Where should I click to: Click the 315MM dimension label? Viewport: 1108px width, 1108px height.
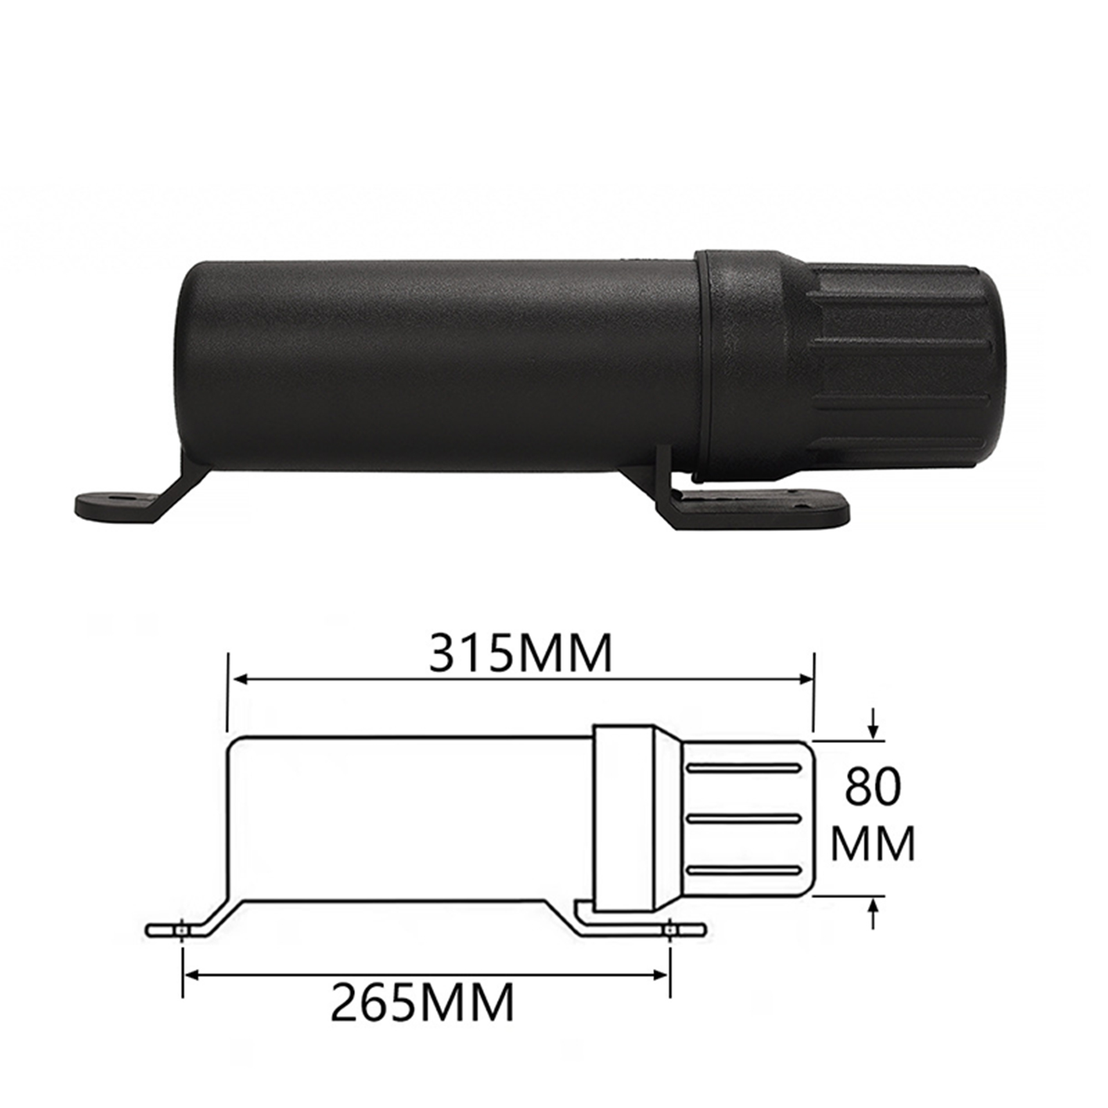click(521, 653)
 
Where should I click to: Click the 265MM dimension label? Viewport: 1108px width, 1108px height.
click(423, 1002)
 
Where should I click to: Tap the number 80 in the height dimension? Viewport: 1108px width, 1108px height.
click(873, 787)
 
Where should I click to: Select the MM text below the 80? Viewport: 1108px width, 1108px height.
click(873, 843)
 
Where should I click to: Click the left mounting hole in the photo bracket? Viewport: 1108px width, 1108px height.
click(126, 497)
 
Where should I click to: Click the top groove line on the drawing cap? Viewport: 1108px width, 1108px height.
click(743, 769)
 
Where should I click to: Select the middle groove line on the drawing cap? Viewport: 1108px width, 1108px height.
click(743, 819)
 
